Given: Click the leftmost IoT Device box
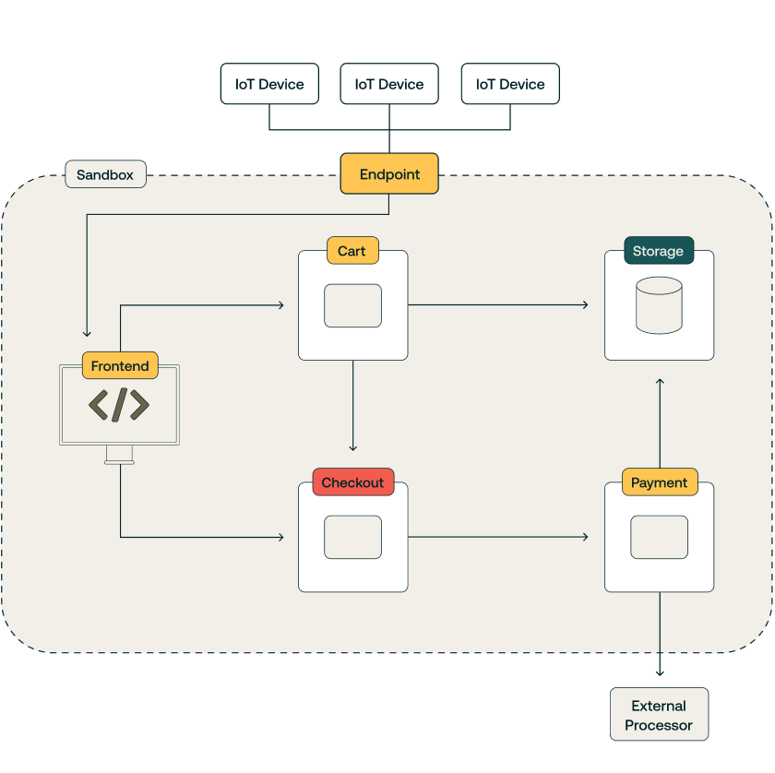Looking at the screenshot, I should (x=269, y=84).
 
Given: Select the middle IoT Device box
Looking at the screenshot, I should (x=389, y=84).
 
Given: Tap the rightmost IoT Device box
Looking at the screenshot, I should (x=510, y=84).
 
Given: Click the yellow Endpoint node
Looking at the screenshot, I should (x=389, y=173).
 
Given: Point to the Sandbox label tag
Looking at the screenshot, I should (x=105, y=174).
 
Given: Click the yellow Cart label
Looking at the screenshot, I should (x=352, y=251).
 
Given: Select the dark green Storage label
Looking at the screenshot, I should (x=658, y=251).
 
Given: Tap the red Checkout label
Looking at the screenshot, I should (x=352, y=482).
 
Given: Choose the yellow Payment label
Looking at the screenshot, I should (x=659, y=482).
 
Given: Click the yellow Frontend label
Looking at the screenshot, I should (x=120, y=366).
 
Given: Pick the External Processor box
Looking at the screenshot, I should (x=659, y=715).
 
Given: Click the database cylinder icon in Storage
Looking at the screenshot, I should (x=659, y=305).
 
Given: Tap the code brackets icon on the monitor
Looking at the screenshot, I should (x=119, y=405).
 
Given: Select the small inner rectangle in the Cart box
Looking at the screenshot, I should (x=352, y=305).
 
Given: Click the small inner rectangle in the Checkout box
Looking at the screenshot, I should (x=352, y=537).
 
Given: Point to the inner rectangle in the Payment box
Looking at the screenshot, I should (x=659, y=537).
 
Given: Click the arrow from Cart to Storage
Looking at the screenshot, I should (x=498, y=304).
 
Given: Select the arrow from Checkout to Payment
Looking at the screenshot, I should (x=498, y=536).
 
